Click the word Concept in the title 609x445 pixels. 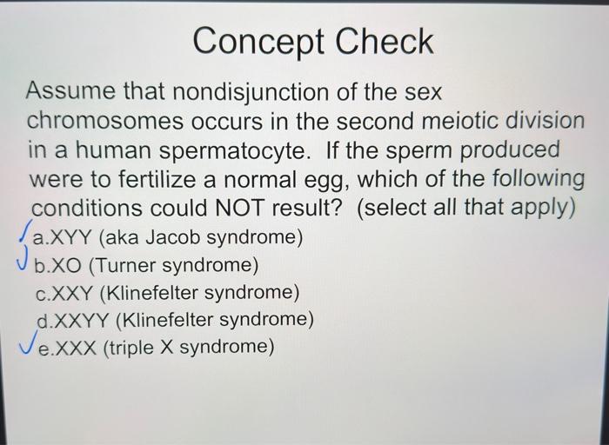[x=258, y=43]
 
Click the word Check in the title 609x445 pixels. [x=385, y=41]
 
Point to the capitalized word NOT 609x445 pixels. [x=239, y=208]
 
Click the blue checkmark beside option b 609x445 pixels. [x=23, y=257]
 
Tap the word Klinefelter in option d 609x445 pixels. [x=169, y=320]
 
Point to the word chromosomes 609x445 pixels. [x=105, y=122]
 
